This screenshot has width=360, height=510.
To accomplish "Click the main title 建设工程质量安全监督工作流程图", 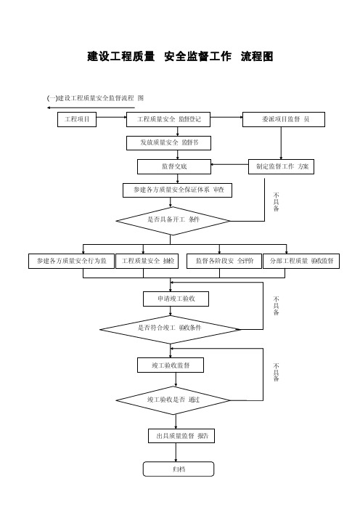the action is [180, 56].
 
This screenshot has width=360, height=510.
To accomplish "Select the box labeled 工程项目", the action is [77, 119].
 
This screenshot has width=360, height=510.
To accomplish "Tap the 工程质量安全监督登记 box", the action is [168, 119].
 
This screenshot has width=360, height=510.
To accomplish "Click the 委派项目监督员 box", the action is [284, 119].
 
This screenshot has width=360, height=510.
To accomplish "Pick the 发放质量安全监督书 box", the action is [168, 143].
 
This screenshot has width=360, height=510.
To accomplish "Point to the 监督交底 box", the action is [174, 166].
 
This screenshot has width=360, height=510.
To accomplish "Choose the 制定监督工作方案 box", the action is [281, 166].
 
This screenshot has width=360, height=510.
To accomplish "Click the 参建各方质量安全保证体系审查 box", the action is [177, 190].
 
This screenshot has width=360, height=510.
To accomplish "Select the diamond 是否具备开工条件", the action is [173, 221].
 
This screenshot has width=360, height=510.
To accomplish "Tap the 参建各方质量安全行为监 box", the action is [71, 262].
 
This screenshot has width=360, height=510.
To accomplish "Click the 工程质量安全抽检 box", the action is [147, 262].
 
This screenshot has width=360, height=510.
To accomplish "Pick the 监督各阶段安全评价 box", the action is [224, 262].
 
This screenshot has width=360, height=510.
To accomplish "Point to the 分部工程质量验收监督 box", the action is [301, 262].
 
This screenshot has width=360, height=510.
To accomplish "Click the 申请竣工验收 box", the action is [176, 299].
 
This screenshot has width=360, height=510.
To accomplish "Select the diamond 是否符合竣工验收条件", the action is [170, 330].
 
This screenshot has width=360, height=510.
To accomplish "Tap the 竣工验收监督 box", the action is [171, 365].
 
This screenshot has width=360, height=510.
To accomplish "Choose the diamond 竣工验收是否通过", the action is [173, 400].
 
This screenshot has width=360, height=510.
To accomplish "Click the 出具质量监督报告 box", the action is [181, 436].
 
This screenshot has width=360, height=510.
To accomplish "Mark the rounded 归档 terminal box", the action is [179, 469].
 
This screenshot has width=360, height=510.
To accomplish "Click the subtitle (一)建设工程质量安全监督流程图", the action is [95, 98].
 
